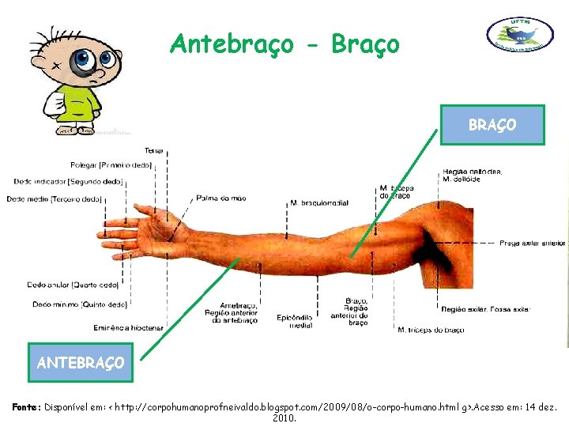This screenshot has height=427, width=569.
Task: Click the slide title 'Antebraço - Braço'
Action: pos(284,44)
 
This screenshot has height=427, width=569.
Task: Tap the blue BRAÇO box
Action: pos(492,125)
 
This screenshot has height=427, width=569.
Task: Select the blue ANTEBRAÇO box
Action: pos(81,363)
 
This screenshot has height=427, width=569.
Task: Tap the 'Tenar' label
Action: pos(154,150)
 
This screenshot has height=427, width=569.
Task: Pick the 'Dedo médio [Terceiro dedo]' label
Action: pos(55,198)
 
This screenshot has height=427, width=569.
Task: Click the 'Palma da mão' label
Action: pos(221,198)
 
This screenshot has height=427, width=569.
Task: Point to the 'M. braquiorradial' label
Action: pos(320,203)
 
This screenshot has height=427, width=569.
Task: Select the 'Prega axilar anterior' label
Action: pos(532,244)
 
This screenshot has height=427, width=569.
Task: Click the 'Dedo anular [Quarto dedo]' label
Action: pos(73,285)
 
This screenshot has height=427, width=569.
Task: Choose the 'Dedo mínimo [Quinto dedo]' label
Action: pos(80,304)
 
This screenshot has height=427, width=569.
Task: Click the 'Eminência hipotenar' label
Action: pos(128,327)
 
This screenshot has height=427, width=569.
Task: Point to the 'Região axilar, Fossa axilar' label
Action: pos(485,308)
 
